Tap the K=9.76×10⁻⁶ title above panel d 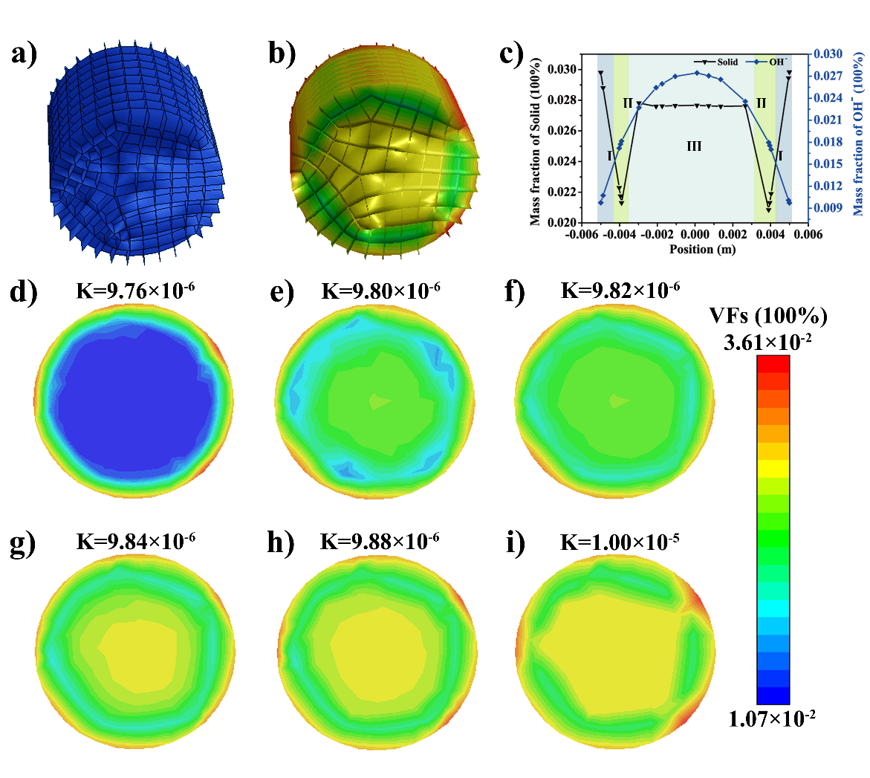click(136, 289)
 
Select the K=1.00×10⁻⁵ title click(620, 541)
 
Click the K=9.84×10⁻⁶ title click(136, 541)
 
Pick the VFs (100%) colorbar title click(768, 317)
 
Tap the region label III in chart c click(694, 146)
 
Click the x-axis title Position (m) click(702, 249)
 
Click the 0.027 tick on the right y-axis click(828, 76)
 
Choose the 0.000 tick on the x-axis click(695, 236)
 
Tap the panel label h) click(282, 544)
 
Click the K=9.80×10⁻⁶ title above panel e click(380, 289)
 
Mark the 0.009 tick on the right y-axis click(828, 208)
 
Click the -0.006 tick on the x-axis click(580, 236)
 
